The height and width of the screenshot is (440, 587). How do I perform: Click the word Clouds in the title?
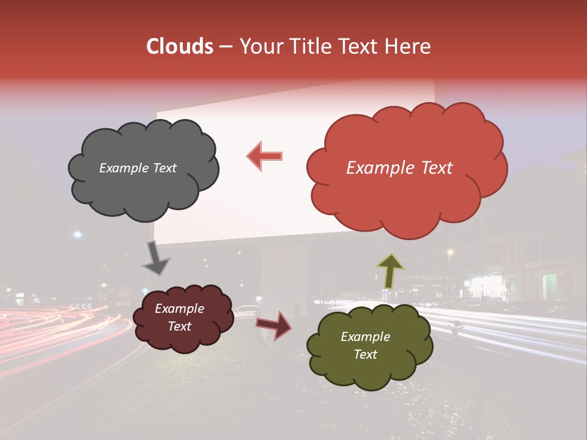[180, 46]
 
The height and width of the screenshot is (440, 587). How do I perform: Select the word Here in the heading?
[408, 46]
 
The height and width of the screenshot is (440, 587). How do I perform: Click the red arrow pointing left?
[265, 156]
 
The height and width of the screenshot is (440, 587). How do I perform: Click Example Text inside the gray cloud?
[138, 168]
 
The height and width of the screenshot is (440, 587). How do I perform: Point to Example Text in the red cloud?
[399, 168]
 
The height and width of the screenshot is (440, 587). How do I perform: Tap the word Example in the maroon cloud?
[179, 309]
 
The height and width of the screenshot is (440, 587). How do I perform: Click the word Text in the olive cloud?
[365, 354]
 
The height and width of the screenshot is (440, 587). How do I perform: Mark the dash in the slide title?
[224, 46]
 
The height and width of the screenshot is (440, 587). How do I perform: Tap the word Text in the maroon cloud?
[179, 326]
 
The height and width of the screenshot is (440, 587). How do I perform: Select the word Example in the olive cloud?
[365, 337]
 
